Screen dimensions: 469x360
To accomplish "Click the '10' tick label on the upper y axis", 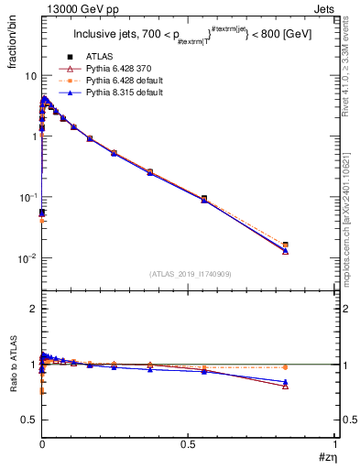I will tap(29, 76).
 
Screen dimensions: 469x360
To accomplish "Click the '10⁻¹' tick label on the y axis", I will tap(27, 198).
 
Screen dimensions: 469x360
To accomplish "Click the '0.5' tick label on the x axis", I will tap(189, 442).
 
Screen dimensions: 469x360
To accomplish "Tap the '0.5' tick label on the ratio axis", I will tap(27, 420).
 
